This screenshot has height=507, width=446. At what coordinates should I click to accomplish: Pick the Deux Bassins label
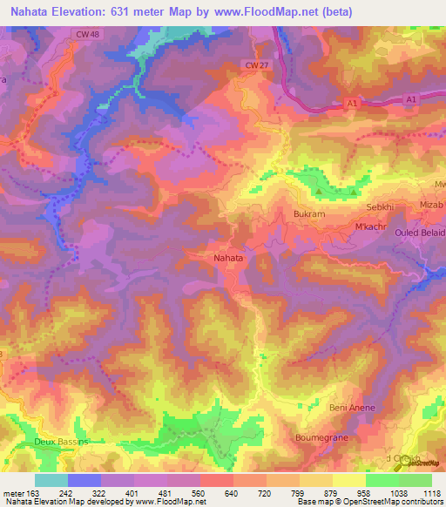(62, 442)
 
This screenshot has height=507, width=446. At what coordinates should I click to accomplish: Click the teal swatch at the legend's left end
(51, 480)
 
